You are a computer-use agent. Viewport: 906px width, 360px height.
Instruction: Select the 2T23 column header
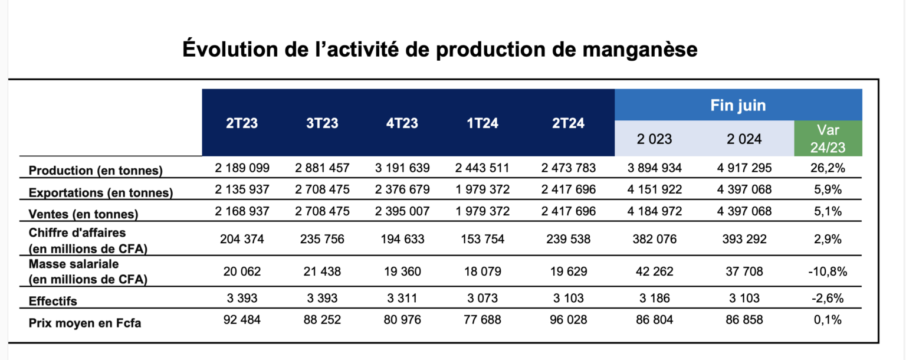tap(242, 123)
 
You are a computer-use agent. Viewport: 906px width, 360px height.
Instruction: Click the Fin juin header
tap(738, 106)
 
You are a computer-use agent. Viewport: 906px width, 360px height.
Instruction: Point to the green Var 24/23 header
tap(828, 139)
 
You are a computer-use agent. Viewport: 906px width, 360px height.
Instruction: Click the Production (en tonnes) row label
tap(96, 171)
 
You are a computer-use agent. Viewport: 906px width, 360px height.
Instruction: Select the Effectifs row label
tap(53, 301)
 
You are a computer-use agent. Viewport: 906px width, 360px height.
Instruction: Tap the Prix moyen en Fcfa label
tap(85, 323)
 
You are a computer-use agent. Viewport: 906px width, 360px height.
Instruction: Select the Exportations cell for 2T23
tap(242, 191)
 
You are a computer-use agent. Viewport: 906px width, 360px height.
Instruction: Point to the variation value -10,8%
tap(828, 271)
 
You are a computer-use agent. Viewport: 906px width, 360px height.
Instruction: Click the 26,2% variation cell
tap(828, 168)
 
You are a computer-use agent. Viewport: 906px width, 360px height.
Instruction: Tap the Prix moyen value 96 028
tap(569, 320)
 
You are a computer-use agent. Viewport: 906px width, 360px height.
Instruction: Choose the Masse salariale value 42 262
tap(654, 271)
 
